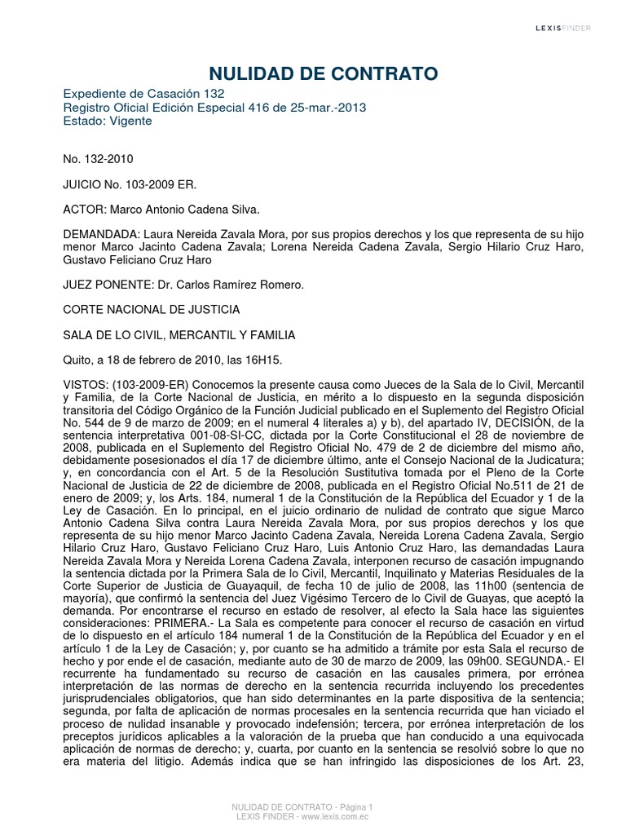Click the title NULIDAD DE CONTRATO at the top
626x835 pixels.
pyautogui.click(x=313, y=75)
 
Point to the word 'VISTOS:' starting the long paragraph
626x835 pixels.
pyautogui.click(x=86, y=385)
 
